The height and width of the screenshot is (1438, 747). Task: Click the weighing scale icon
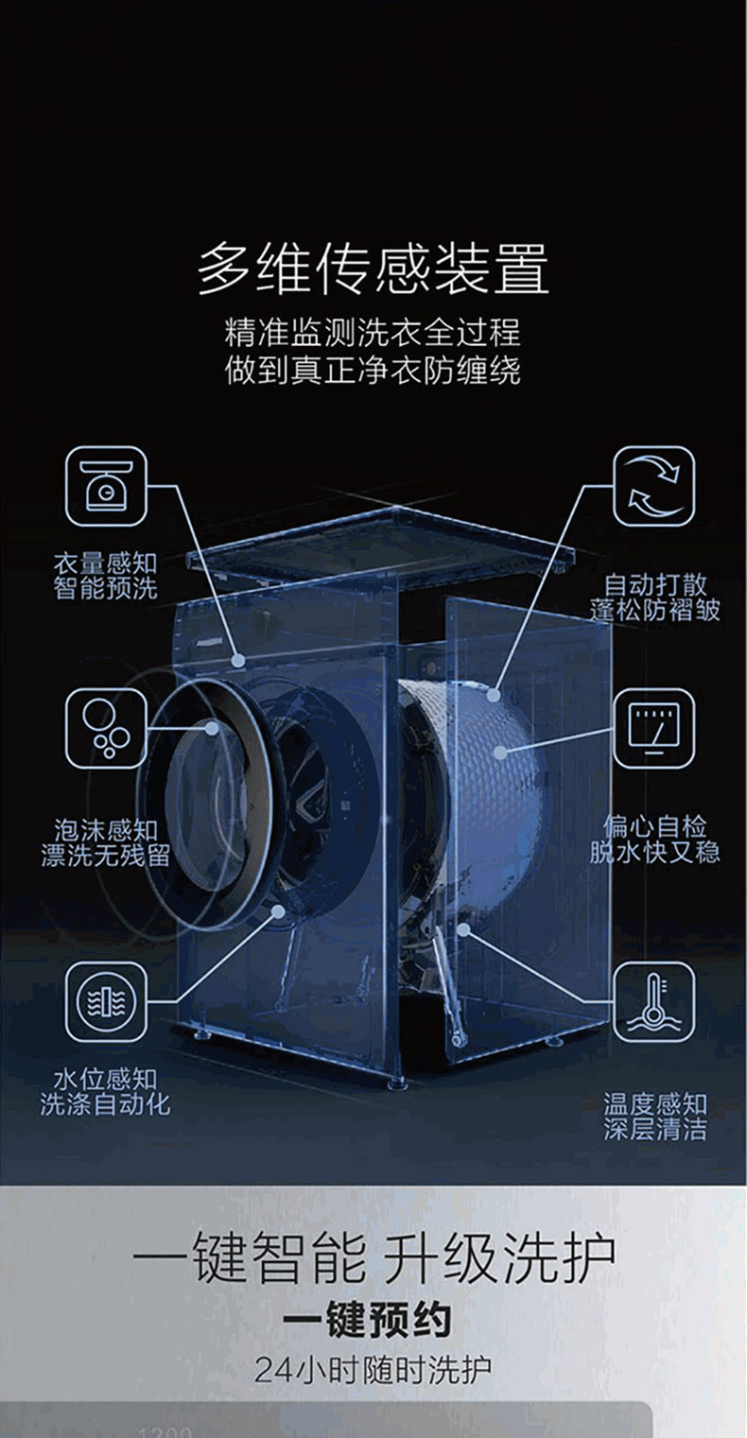[106, 487]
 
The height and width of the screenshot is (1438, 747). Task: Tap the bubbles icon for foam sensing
[106, 728]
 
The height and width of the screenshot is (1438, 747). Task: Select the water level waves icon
[106, 1001]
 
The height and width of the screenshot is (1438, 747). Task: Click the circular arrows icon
[654, 487]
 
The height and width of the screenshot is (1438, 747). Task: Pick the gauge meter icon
[654, 728]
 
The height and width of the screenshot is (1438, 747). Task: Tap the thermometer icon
[654, 1001]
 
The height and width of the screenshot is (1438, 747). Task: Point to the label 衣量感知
[106, 563]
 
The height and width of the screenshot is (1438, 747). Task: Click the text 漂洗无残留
[106, 856]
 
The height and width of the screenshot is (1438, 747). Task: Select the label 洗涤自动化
[106, 1104]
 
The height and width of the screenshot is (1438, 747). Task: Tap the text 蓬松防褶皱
[655, 610]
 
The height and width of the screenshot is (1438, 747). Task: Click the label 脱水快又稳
[655, 852]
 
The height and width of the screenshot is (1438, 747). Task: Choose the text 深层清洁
[655, 1129]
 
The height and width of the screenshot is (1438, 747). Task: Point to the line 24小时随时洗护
[373, 1369]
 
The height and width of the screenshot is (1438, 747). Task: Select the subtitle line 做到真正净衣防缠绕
[373, 371]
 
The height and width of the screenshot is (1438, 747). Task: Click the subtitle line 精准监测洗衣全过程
[373, 333]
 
